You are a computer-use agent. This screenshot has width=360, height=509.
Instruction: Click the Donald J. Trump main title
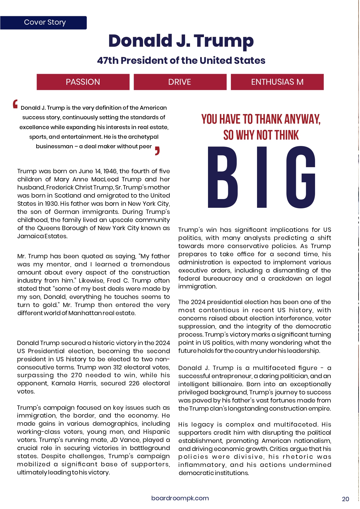[x=181, y=41]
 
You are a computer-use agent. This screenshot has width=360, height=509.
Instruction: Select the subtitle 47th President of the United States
[x=181, y=60]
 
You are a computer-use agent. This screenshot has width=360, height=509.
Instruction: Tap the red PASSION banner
[x=83, y=82]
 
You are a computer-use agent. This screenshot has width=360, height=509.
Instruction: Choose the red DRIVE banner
[x=180, y=82]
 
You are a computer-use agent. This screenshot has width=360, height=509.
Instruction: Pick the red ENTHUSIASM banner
[x=277, y=82]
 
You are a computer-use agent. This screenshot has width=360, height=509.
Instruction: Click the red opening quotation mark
[x=15, y=104]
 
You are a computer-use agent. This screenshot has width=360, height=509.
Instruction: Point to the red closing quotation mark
[x=157, y=151]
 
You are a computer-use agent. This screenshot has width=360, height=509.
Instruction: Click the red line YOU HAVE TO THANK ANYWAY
[x=261, y=119]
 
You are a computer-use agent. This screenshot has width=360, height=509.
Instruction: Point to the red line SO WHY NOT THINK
[x=261, y=135]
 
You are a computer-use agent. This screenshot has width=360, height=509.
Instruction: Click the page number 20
[x=345, y=499]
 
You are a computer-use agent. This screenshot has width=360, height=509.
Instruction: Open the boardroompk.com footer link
[x=180, y=498]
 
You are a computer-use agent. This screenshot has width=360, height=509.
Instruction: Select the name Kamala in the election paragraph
[x=63, y=384]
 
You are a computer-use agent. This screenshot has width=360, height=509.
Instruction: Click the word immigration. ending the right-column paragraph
[x=198, y=286]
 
